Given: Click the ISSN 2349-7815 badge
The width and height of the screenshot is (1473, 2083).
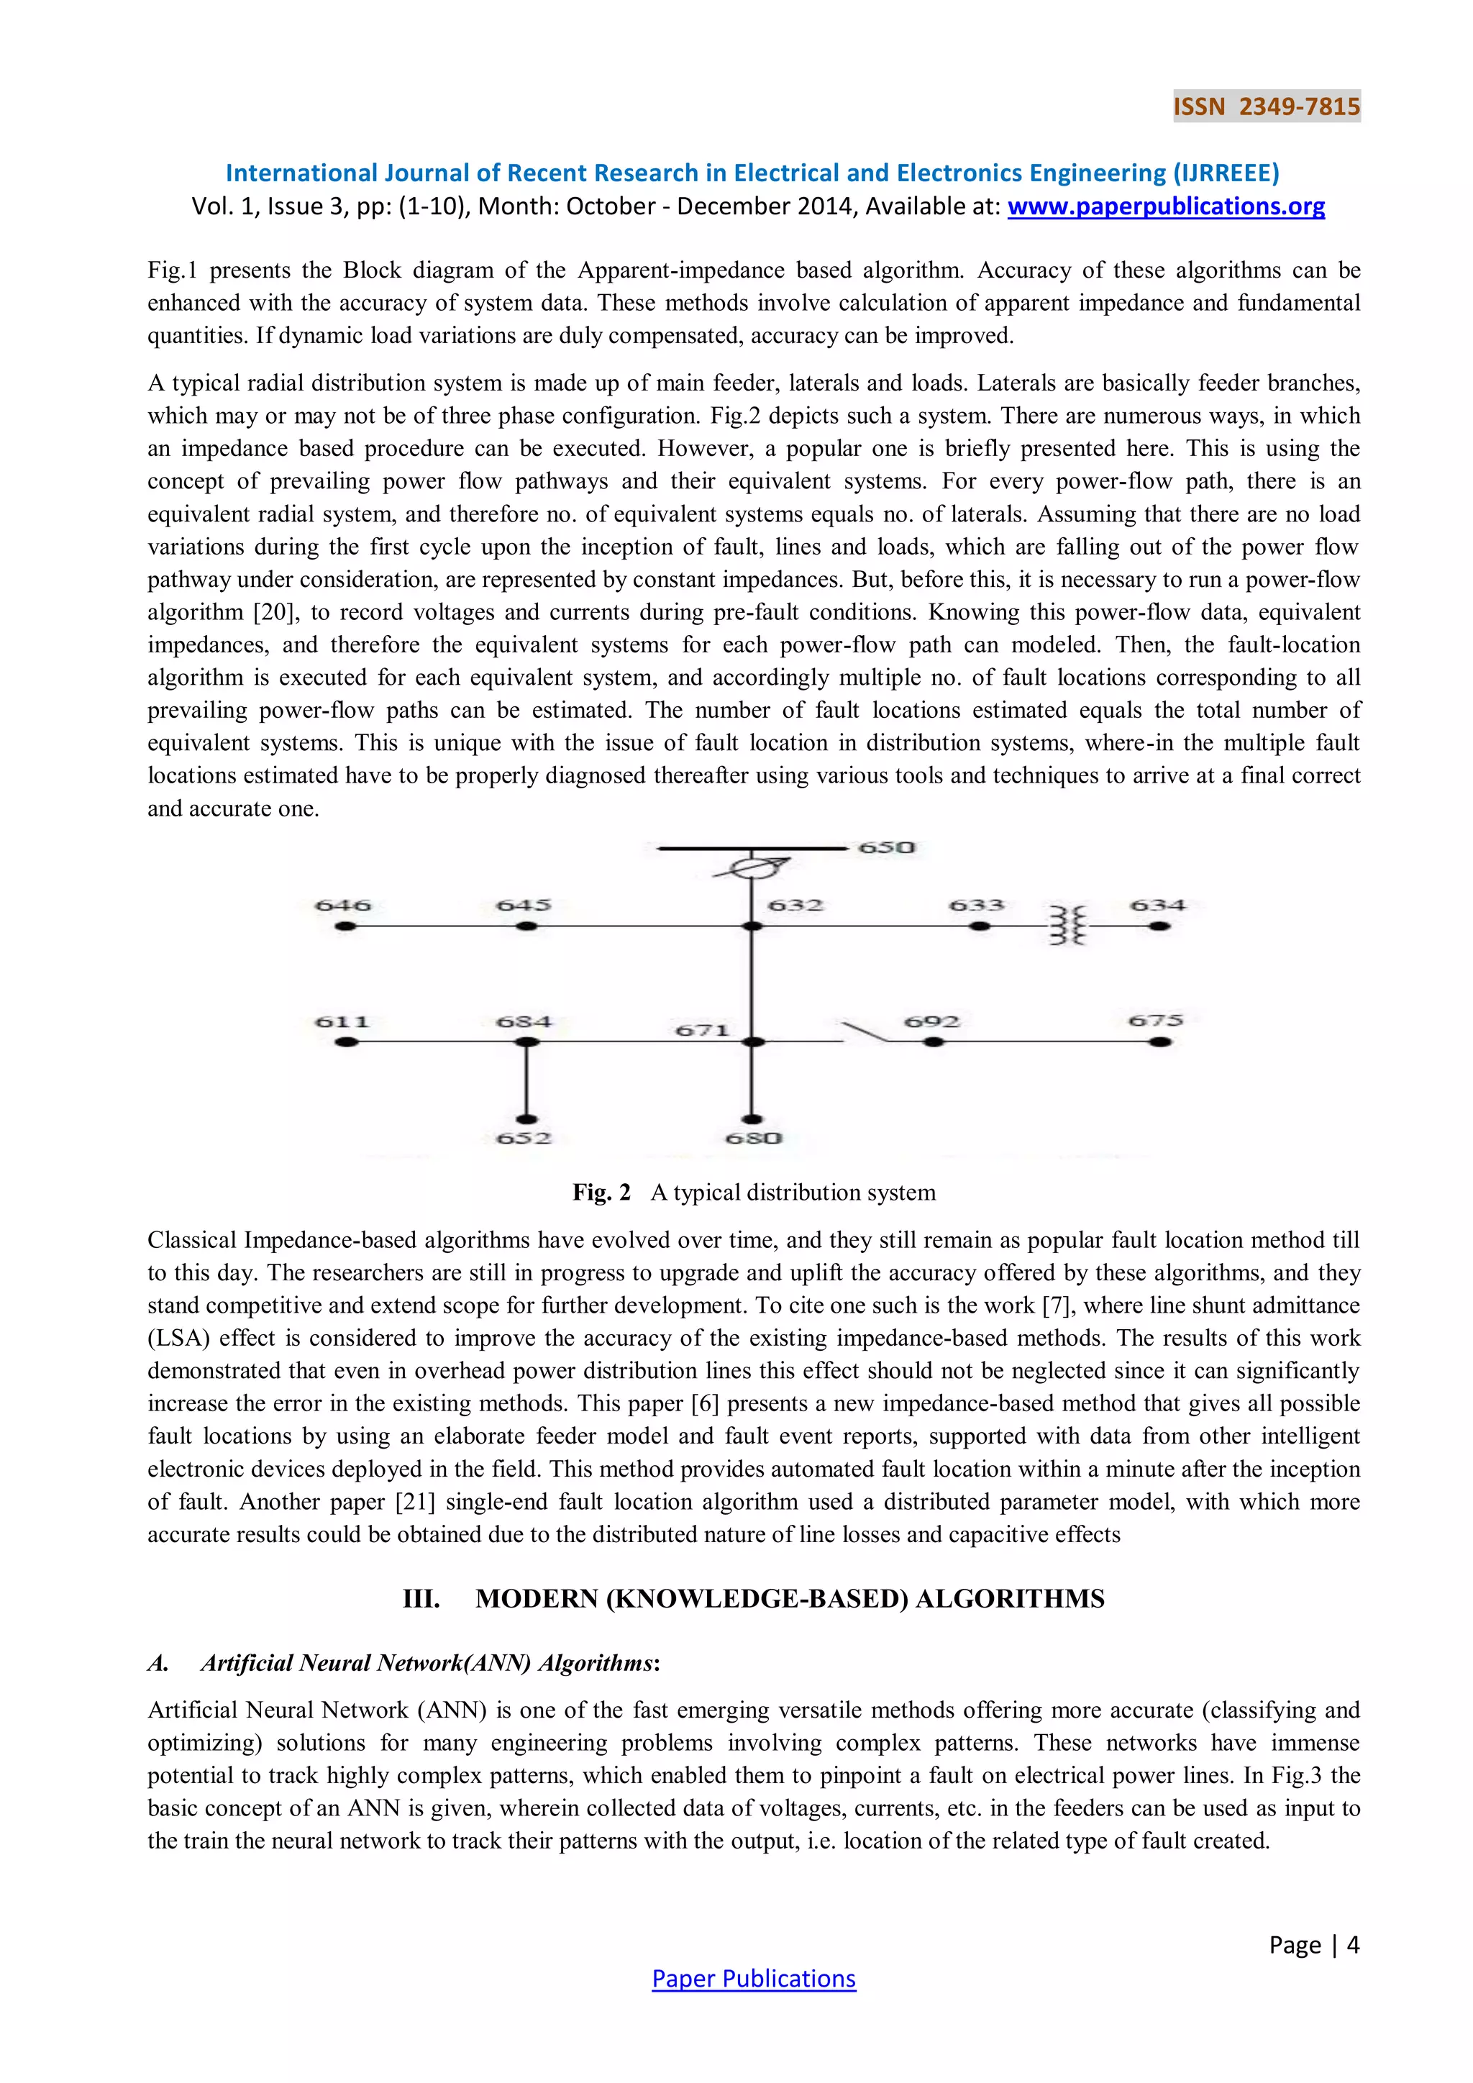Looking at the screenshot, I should tap(1266, 107).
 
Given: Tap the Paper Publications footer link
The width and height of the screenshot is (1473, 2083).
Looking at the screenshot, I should tap(754, 1979).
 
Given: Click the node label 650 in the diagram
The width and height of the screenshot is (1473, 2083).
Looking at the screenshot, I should tap(886, 847).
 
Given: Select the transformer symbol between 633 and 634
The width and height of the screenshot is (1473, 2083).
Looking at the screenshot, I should tap(1067, 926).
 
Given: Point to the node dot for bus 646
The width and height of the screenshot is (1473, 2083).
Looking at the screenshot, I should tap(345, 926).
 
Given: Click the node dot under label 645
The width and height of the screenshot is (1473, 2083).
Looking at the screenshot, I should tap(526, 926).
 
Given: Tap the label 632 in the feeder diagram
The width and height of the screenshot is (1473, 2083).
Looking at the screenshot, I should tap(795, 906).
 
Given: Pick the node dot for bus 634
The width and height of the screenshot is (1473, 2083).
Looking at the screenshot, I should tap(1159, 926).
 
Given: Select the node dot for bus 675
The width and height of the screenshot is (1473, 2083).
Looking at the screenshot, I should tap(1159, 1042).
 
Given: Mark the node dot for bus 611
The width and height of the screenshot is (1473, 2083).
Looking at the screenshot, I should tap(345, 1042).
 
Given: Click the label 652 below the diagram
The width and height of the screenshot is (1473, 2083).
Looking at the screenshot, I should tap(524, 1138).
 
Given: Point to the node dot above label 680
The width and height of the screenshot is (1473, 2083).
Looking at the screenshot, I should tap(752, 1119).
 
